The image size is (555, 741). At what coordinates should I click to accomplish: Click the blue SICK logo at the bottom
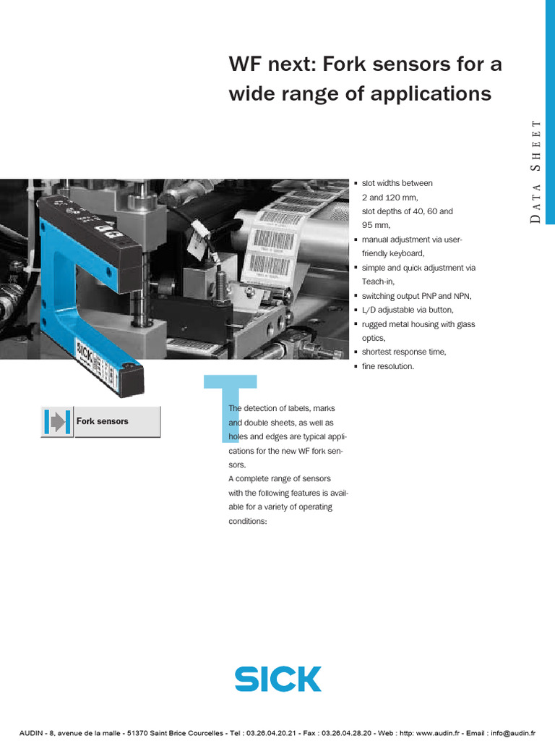click(277, 679)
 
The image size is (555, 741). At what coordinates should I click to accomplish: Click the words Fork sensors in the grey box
click(103, 421)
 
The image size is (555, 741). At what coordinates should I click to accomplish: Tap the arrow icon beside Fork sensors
click(56, 422)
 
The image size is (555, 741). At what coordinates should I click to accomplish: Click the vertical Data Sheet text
click(535, 171)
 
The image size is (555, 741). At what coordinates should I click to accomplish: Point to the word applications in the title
click(431, 94)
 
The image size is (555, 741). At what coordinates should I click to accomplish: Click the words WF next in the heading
click(271, 65)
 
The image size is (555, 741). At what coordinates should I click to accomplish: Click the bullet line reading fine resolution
click(387, 366)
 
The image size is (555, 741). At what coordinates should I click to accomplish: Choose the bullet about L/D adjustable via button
click(408, 310)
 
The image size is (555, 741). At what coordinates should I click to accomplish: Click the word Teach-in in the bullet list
click(378, 282)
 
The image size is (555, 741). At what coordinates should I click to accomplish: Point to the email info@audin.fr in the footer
click(514, 732)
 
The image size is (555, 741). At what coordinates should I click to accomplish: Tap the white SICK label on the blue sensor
click(85, 354)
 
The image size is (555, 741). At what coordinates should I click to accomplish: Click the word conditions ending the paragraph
click(248, 521)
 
